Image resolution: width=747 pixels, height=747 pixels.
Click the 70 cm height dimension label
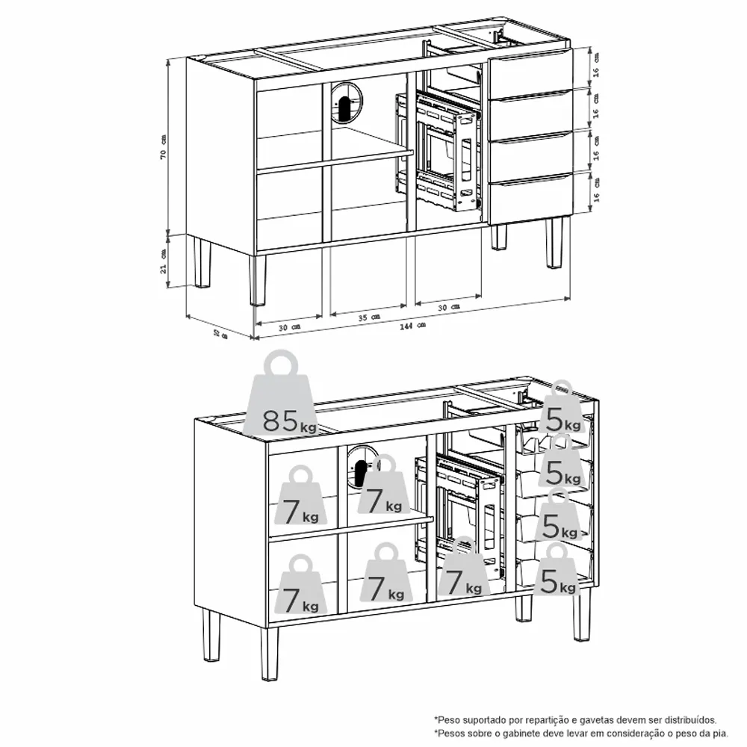click(164, 146)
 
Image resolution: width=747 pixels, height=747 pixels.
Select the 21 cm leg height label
click(164, 261)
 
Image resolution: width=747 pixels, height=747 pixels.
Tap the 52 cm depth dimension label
click(220, 335)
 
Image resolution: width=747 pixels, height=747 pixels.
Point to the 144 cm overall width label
click(412, 326)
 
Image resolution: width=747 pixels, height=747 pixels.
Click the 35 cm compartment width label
click(369, 317)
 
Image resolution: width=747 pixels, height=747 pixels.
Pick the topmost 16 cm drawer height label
click(596, 65)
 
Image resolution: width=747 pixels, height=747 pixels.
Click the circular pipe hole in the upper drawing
click(346, 102)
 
